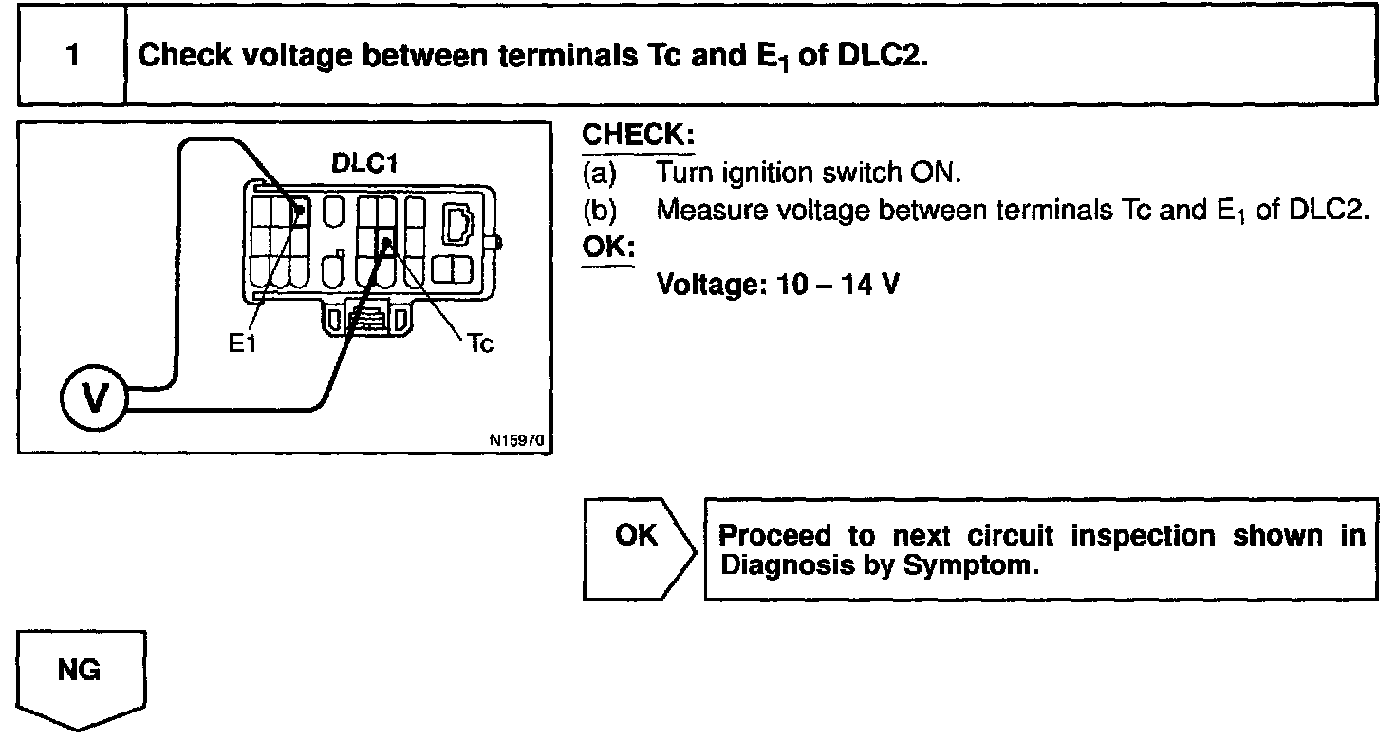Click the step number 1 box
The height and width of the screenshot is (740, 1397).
tap(72, 55)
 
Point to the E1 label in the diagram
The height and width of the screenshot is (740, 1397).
tap(243, 343)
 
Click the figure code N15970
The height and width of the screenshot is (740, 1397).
tap(519, 440)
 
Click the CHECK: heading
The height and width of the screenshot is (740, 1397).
tap(638, 136)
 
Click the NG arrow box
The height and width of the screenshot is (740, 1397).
tap(82, 675)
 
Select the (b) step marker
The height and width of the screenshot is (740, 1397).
tap(599, 210)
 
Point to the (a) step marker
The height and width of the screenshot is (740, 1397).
tap(599, 174)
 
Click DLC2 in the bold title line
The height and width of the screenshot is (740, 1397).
tap(881, 55)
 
